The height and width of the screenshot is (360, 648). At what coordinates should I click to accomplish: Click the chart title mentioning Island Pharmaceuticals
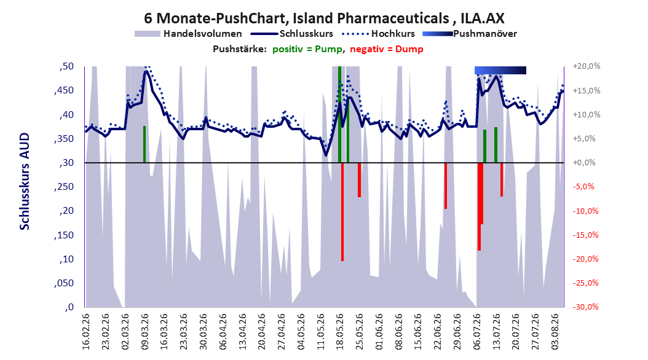(x=324, y=18)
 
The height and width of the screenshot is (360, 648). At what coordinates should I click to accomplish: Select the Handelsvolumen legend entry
(x=188, y=34)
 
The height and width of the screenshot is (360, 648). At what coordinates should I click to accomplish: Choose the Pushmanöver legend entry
(x=470, y=34)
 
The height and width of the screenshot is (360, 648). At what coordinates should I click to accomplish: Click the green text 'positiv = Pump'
(x=307, y=49)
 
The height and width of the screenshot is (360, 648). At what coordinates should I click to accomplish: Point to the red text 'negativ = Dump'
(x=387, y=49)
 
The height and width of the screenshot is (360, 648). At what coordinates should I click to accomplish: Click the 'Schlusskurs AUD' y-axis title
(x=25, y=182)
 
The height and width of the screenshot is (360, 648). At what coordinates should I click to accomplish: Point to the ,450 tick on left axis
(x=64, y=91)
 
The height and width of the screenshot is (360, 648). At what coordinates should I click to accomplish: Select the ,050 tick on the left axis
(x=64, y=283)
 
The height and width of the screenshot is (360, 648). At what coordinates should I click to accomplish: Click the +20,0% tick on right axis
(x=587, y=66)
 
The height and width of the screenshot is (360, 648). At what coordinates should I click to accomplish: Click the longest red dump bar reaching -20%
(x=342, y=212)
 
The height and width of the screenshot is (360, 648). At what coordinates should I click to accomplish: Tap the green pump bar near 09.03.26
(x=144, y=144)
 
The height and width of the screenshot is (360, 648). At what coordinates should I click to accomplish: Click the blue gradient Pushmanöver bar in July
(x=500, y=70)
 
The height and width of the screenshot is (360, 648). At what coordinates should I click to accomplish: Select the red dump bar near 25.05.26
(x=360, y=180)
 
